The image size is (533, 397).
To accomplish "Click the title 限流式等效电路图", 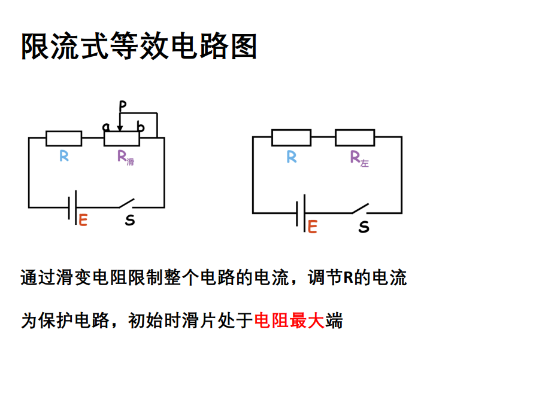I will tap(139, 46).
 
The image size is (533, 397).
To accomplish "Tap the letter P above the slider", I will tap(123, 106).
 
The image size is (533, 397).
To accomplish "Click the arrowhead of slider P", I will tap(120, 127).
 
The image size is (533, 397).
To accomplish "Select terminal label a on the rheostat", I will tap(106, 127).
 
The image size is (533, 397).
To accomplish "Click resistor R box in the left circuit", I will tap(64, 139).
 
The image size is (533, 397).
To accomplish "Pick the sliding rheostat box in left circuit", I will tap(122, 139).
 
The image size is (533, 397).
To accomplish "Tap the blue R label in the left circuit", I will tap(64, 157).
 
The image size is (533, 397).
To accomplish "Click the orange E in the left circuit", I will tap(83, 220).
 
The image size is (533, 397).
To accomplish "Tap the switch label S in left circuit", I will tap(130, 221).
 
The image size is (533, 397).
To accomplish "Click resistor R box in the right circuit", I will tap(291, 138).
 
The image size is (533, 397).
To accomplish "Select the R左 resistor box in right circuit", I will tap(355, 138).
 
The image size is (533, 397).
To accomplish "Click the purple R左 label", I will tap(359, 158).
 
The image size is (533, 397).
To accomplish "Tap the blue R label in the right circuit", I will tap(292, 157).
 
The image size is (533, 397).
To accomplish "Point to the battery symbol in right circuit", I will tap(301, 212).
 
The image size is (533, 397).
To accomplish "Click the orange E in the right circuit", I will tap(312, 227).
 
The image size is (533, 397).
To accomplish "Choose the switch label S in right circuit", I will tap(364, 227).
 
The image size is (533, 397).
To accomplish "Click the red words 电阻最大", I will tap(289, 321).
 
